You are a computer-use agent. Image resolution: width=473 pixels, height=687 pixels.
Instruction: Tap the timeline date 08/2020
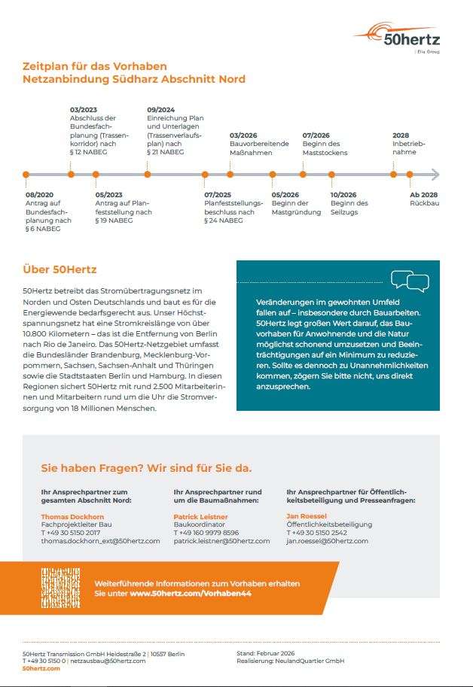40,194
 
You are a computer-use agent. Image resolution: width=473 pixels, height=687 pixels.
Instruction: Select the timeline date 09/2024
161,110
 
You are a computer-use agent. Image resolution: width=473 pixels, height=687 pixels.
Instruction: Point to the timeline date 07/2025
218,194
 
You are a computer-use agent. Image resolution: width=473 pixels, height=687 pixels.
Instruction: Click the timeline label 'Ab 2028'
423,194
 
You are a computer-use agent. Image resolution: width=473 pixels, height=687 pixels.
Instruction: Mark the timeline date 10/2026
343,194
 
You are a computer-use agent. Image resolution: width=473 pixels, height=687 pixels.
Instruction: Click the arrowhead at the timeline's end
435,175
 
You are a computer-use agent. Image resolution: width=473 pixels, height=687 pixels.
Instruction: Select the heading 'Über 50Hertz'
60,269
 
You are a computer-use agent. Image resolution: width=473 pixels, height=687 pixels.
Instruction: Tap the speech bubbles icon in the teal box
410,281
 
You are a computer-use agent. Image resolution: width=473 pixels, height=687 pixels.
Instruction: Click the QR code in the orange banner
60,588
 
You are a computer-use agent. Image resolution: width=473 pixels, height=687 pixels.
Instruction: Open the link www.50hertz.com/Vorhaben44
191,594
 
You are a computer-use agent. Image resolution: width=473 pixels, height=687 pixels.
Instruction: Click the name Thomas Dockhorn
72,517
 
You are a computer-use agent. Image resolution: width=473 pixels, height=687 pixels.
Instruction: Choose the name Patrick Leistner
200,517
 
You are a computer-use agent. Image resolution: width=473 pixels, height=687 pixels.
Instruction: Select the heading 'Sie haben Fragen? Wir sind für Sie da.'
146,468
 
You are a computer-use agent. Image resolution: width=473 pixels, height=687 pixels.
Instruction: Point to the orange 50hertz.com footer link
41,668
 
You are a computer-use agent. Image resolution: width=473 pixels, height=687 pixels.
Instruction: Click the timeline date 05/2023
109,194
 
